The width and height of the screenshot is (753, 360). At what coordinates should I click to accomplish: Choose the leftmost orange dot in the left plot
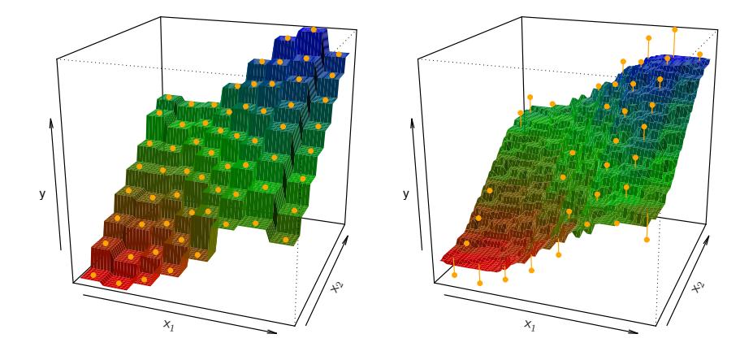(x=92, y=275)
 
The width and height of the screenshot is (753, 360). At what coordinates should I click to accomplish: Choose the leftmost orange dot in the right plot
(x=453, y=275)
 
